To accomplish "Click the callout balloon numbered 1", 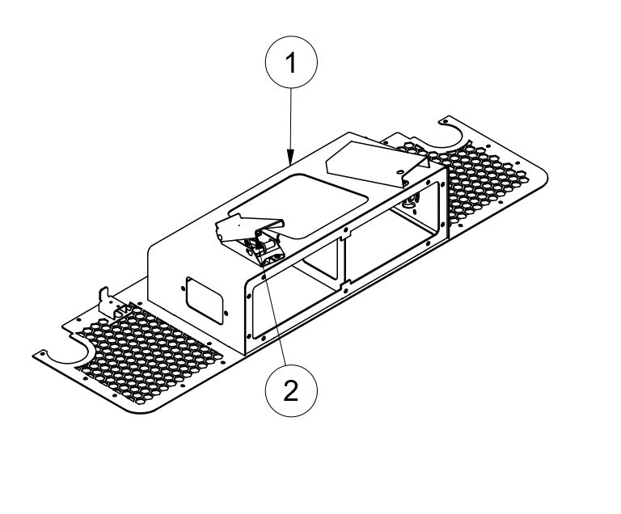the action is point(291,62).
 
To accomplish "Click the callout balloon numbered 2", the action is point(291,390).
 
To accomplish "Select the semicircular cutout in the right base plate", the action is point(451,136).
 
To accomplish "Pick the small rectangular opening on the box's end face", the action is point(205,301).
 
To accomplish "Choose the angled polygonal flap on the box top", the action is point(376,163).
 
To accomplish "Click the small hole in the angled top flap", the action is point(399,171).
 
